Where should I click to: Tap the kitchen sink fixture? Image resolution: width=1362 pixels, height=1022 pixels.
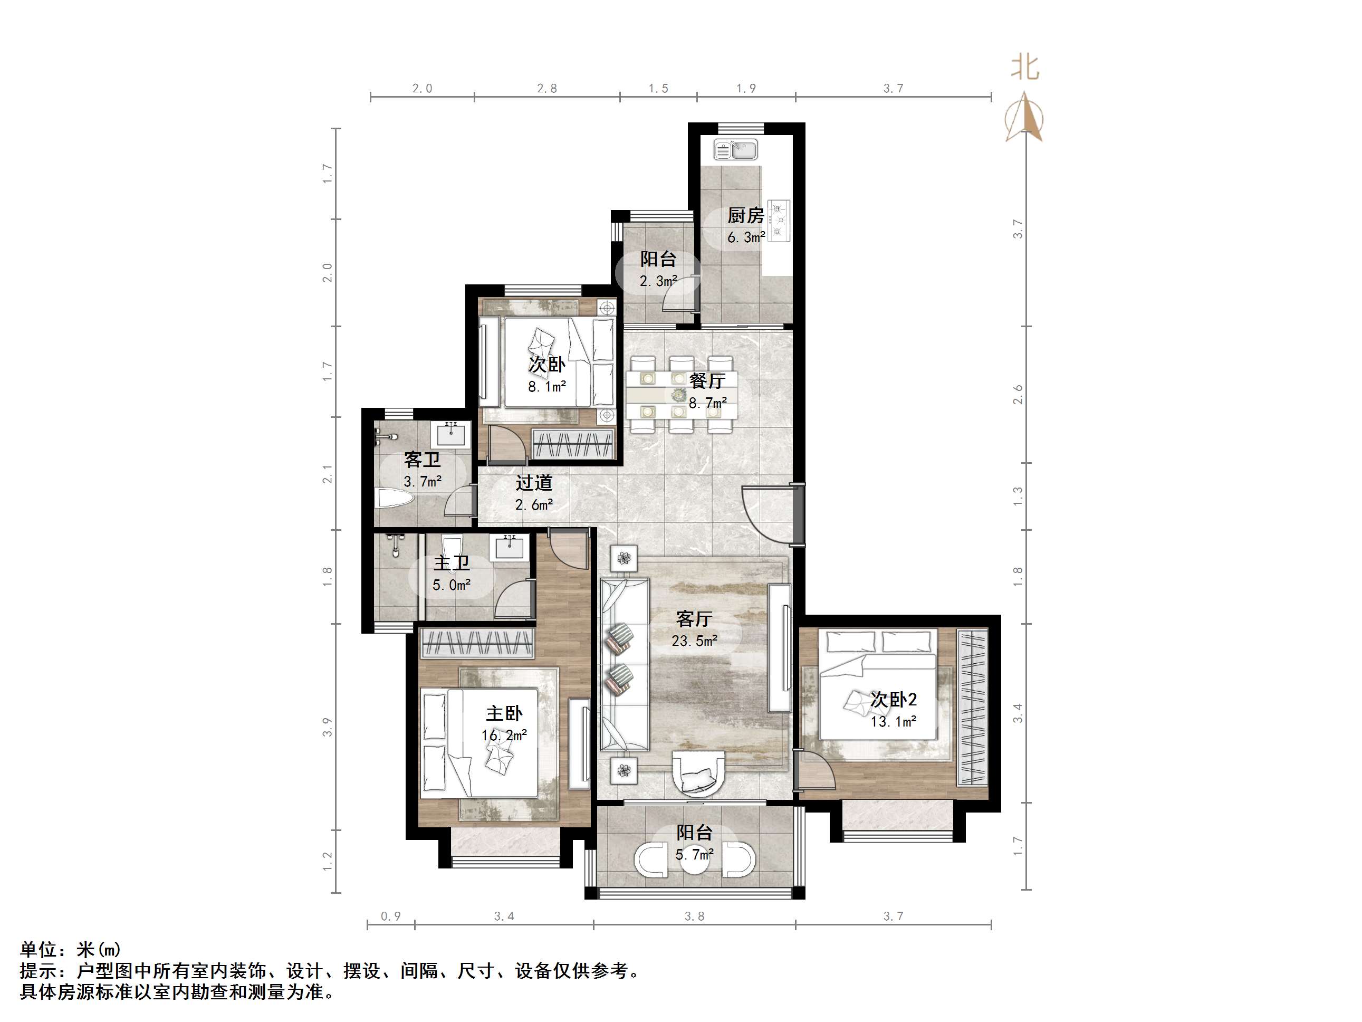[x=735, y=150]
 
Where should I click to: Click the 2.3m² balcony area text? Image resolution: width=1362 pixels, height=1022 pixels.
[x=658, y=282]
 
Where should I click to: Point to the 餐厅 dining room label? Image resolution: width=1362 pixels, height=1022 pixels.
[x=707, y=381]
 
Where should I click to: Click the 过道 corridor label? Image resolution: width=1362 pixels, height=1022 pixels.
[x=534, y=482]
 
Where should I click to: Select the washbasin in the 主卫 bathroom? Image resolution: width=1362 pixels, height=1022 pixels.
[x=509, y=547]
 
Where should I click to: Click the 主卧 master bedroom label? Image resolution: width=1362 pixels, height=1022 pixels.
[x=504, y=713]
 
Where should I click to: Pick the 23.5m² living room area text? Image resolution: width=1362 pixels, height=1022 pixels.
[x=694, y=641]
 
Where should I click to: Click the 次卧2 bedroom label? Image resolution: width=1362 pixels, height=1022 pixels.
[x=893, y=700]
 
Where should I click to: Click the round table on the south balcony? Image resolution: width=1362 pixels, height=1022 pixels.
[x=695, y=859]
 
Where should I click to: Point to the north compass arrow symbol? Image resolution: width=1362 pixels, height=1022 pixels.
[x=1024, y=117]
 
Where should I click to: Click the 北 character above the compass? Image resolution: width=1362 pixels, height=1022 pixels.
[x=1024, y=68]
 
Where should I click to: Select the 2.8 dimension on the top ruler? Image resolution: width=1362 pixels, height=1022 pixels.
[x=547, y=89]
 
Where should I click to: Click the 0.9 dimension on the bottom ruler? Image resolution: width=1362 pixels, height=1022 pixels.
[x=390, y=916]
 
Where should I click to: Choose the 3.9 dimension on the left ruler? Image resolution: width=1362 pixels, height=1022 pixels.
[x=327, y=727]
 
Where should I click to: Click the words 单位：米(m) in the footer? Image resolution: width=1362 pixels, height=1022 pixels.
[x=71, y=949]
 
